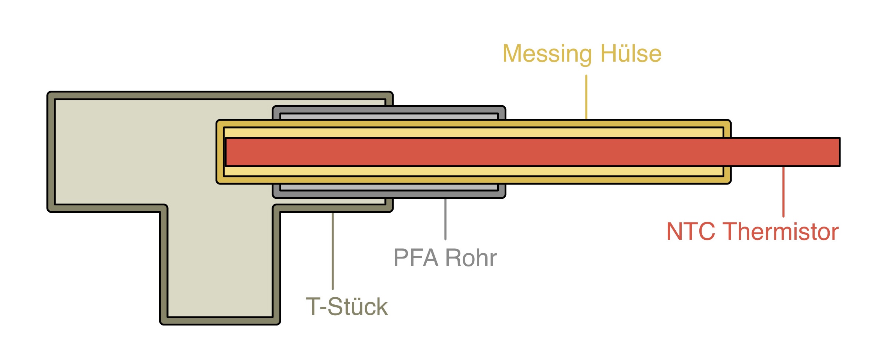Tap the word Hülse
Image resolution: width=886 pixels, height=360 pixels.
[631, 54]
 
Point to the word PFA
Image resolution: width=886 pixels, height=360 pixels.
[416, 258]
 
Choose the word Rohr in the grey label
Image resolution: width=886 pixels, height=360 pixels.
[471, 258]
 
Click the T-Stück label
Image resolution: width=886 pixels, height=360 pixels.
[347, 306]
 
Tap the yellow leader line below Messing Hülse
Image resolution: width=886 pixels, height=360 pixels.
[586, 97]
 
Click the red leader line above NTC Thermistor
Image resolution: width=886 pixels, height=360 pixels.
[783, 192]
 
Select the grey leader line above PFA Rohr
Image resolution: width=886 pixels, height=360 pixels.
[445, 219]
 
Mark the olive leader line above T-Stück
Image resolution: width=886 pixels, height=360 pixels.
[333, 250]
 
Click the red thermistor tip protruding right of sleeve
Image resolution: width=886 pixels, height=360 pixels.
[785, 152]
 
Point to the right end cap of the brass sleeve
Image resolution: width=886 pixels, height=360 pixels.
[727, 152]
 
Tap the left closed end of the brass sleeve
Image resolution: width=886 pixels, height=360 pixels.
[220, 152]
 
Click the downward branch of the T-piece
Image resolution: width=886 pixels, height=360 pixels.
[220, 263]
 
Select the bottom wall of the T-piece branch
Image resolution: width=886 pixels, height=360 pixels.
[220, 321]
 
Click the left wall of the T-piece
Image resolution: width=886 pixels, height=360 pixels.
[51, 152]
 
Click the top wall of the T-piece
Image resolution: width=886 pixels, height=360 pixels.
[220, 95]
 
